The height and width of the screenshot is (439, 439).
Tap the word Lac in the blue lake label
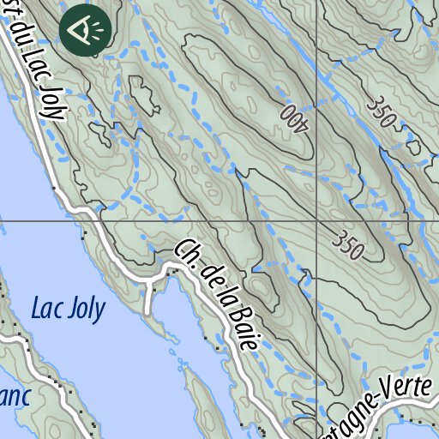click(x=46, y=310)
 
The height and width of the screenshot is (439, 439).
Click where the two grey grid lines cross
click(x=316, y=220)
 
